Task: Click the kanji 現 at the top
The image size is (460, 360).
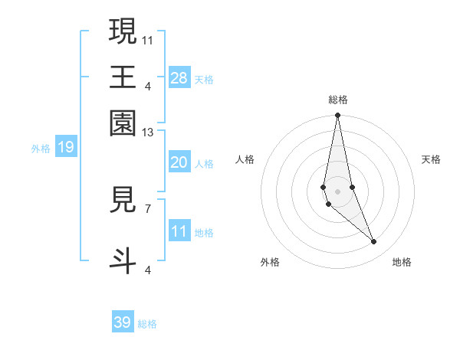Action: [x=123, y=32]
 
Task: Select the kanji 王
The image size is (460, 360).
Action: [x=123, y=77]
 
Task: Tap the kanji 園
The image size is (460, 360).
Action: [x=123, y=123]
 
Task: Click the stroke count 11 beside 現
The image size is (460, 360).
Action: [x=148, y=38]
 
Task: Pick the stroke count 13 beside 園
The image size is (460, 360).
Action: [x=148, y=133]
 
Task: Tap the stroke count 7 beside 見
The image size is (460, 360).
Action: [x=148, y=208]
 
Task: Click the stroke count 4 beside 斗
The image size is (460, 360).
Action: [x=148, y=269]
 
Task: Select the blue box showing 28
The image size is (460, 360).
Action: [x=179, y=77]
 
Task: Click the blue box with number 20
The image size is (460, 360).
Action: [x=179, y=162]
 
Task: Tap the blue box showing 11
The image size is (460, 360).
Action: [x=179, y=231]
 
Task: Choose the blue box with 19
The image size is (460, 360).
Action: [x=66, y=147]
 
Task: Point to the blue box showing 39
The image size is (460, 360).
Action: [x=123, y=322]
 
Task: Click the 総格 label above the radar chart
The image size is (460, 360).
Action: [x=338, y=100]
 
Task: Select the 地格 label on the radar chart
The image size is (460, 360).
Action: [x=402, y=262]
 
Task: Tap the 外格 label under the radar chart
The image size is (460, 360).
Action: [x=270, y=262]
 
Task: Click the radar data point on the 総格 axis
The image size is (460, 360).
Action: [x=337, y=116]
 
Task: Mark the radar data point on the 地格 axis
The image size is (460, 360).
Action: [x=374, y=242]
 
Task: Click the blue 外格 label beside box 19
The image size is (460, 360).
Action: [x=41, y=149]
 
